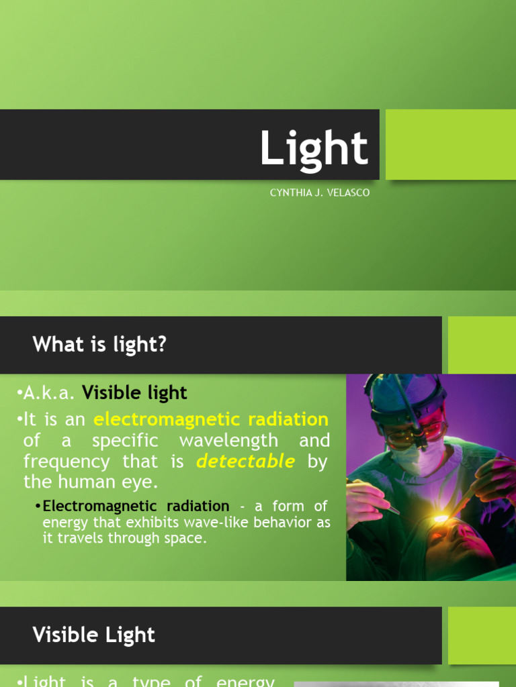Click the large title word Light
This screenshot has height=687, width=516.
coord(314,148)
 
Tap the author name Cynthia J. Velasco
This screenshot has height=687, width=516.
coord(319,193)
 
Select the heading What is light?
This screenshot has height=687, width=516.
coord(99,345)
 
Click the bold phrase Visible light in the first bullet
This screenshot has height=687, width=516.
coord(134,392)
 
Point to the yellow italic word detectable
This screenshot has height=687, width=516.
coord(245,461)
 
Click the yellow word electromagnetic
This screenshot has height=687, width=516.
coord(167,420)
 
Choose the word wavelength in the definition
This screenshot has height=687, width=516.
coord(228,441)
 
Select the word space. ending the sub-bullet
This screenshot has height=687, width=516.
coord(184,538)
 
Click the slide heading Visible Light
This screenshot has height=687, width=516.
coord(94,635)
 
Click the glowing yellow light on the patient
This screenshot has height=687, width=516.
coord(440,518)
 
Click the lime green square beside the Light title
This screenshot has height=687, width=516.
coord(451,144)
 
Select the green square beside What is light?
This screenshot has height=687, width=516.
coord(482,345)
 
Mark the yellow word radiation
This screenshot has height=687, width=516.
coord(287,420)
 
